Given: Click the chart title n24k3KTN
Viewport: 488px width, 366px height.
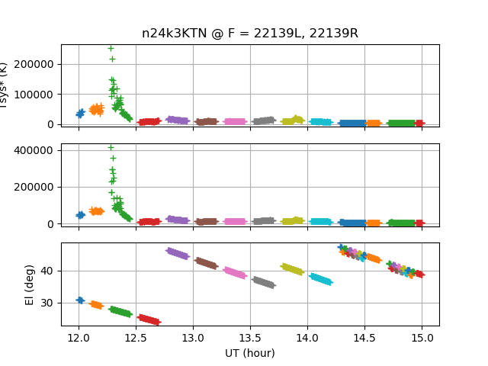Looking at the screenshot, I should (249, 34).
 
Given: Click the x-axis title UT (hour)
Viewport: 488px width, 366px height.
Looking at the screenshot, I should (249, 353).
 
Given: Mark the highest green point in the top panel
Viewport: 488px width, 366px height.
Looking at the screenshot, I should (111, 48).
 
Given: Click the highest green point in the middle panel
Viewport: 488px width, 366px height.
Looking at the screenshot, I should (111, 147).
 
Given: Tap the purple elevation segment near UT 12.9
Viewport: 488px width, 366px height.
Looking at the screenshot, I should (178, 253).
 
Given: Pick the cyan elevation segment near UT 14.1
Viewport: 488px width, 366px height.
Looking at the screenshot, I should (320, 279).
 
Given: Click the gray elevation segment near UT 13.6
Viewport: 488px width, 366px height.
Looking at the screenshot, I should (263, 282).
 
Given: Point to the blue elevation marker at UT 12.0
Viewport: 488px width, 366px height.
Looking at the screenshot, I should (80, 300).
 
